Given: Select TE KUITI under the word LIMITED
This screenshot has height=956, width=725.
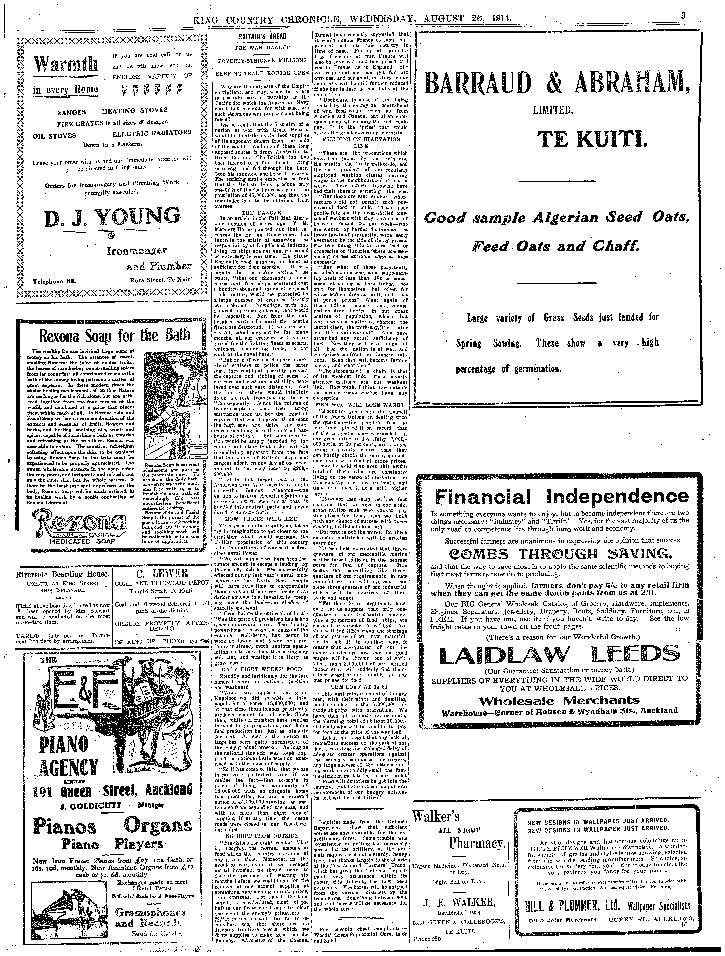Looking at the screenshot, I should tap(592, 139).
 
